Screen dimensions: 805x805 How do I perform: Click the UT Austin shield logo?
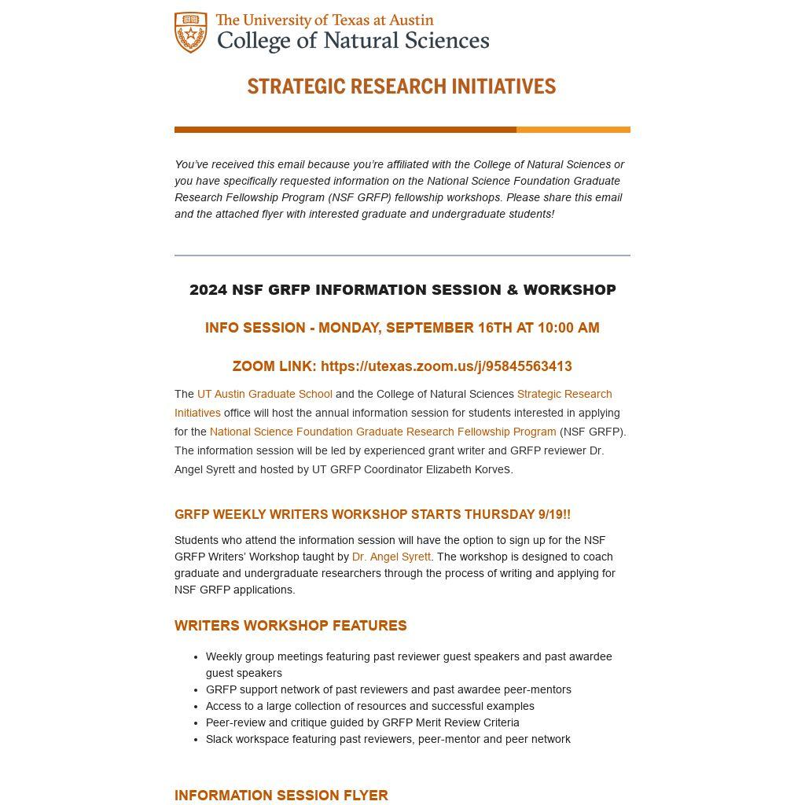coord(191,33)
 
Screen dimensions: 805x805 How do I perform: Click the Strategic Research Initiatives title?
coord(402,86)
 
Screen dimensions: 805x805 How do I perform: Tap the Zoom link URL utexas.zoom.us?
coord(446,366)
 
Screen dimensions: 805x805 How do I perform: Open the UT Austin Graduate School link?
coord(264,394)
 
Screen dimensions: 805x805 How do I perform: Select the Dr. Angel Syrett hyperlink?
coord(391,557)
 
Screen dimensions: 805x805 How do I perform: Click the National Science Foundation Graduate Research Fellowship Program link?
coord(382,432)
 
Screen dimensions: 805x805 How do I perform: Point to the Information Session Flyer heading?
coord(281,796)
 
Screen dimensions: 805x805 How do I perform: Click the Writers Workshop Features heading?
coord(290,626)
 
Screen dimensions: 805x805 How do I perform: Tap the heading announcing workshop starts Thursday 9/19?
coord(372,515)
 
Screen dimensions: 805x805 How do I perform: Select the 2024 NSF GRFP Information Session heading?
coord(402,290)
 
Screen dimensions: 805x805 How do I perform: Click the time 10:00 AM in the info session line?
coord(569,328)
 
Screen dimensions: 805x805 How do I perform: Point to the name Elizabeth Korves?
coord(469,469)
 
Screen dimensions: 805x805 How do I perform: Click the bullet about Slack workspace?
coord(388,739)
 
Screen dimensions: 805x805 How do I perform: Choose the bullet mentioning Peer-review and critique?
coord(362,722)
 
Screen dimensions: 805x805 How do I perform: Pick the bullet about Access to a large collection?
coord(369,706)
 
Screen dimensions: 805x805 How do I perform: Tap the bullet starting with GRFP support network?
coord(388,689)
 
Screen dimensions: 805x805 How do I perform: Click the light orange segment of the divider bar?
coord(573,130)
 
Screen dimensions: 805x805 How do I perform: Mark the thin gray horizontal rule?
coord(402,255)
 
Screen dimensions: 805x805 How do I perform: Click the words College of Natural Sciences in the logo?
coord(352,41)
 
